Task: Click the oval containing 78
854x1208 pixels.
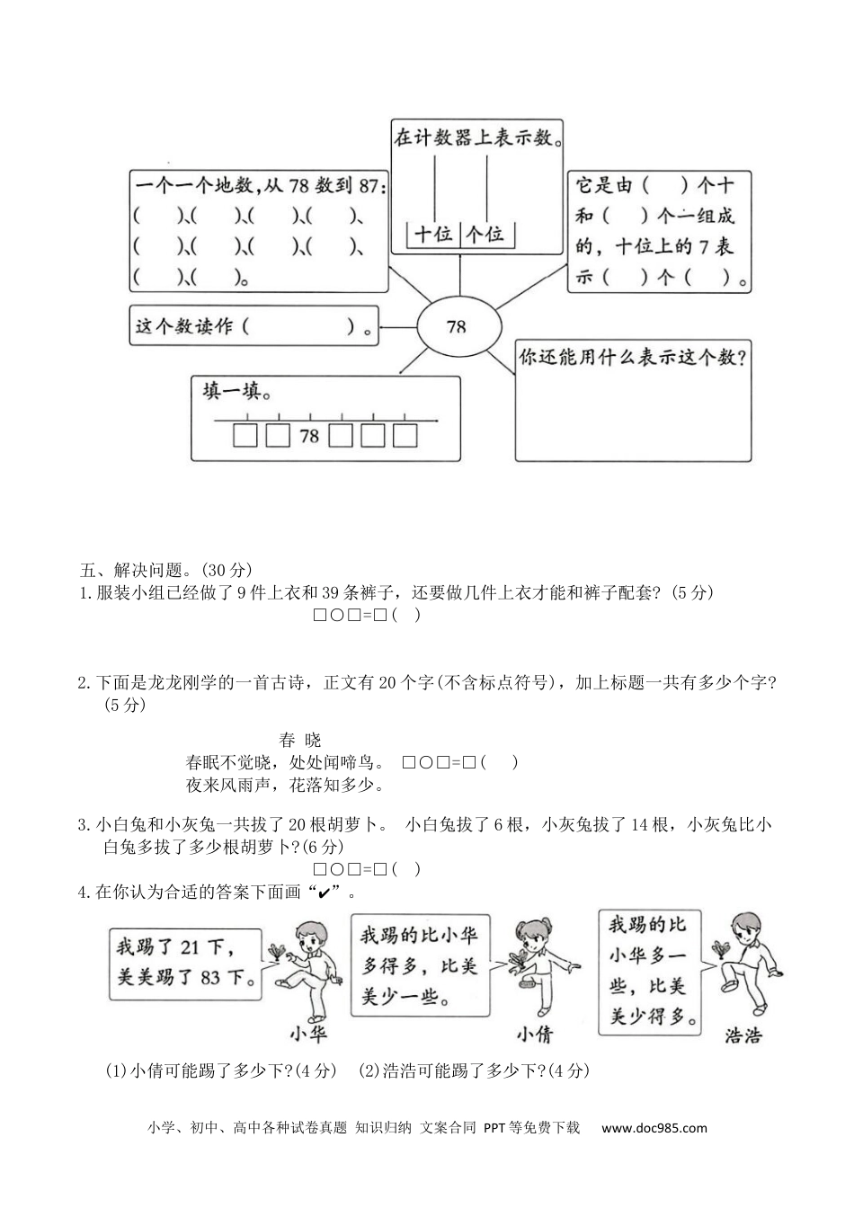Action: click(x=457, y=325)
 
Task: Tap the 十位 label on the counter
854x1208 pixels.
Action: click(x=433, y=235)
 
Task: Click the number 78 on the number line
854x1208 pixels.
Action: click(x=308, y=437)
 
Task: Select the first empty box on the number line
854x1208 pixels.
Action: click(x=245, y=436)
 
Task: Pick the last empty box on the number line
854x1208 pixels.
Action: click(x=405, y=436)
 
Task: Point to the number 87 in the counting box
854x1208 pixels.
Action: click(x=370, y=186)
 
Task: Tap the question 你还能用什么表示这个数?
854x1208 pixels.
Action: click(x=634, y=358)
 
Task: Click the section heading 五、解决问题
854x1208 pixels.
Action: click(x=135, y=570)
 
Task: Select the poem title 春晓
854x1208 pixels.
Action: click(x=299, y=740)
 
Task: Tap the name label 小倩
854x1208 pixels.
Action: click(x=533, y=1034)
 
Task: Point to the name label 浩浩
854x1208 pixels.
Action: click(x=743, y=1035)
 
